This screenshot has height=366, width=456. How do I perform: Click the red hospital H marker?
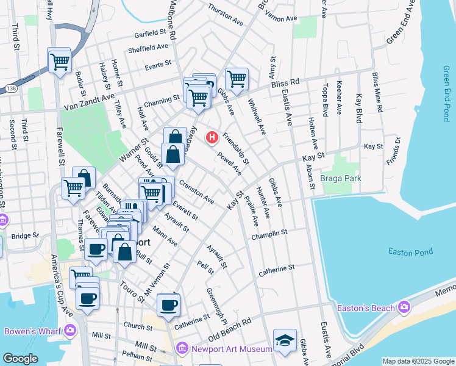212,137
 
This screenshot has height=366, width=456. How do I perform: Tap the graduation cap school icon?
285,340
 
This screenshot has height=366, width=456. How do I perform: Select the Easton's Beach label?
366,308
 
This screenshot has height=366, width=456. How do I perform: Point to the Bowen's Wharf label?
30,331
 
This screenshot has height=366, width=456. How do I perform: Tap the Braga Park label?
341,178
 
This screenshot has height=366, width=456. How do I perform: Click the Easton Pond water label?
409,252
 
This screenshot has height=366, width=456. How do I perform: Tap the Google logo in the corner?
20,359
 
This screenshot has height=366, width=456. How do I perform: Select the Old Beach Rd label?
229,329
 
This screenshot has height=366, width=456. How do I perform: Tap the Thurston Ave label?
226,15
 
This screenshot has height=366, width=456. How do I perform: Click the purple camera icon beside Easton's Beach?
403,307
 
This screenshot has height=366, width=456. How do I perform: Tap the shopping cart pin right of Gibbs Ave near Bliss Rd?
236,78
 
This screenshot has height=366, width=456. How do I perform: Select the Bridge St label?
24,235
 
